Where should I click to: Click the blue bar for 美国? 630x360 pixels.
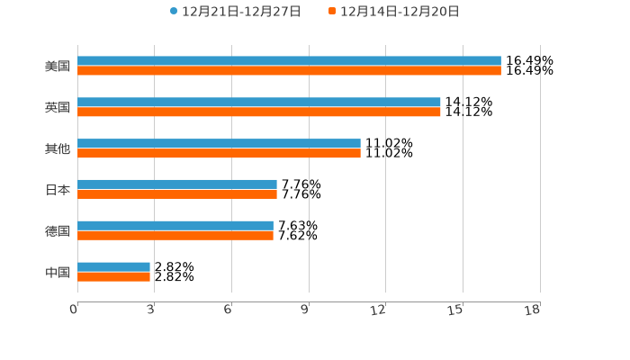[289, 61]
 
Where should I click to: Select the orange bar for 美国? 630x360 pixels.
[289, 71]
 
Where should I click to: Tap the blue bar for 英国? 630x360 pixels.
[259, 103]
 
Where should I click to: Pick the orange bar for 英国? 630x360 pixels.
[259, 112]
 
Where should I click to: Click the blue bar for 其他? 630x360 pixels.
[219, 144]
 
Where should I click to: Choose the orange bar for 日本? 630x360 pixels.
[177, 194]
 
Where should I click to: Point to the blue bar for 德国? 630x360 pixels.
[175, 226]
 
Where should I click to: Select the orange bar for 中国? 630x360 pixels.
[113, 277]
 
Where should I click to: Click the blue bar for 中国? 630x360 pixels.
[113, 267]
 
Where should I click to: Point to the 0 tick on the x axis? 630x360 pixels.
[75, 310]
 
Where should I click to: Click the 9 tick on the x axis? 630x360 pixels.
[306, 310]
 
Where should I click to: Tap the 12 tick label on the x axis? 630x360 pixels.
[379, 310]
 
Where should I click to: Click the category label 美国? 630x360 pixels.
[58, 67]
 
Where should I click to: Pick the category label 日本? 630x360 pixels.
[58, 190]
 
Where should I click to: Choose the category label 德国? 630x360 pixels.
[58, 231]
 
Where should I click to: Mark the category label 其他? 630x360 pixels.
[58, 149]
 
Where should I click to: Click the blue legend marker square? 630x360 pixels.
[174, 12]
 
